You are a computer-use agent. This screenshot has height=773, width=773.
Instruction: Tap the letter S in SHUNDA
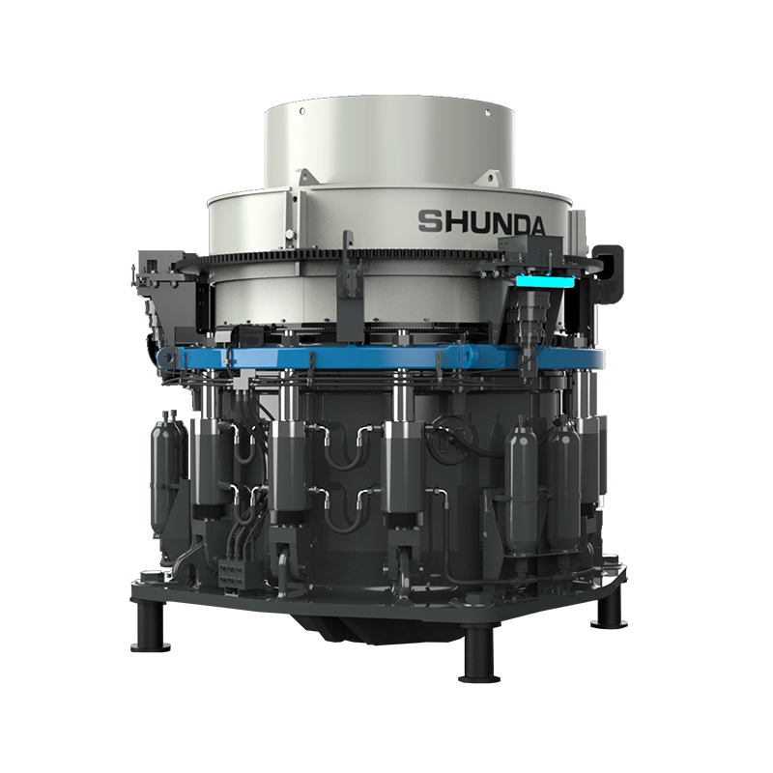(429, 221)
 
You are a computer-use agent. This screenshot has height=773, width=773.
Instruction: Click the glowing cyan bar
(545, 282)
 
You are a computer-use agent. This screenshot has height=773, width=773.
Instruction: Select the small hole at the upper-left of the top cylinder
(301, 111)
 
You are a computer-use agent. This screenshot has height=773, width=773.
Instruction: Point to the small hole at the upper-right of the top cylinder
(488, 112)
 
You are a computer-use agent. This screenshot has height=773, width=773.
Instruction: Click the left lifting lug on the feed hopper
(305, 178)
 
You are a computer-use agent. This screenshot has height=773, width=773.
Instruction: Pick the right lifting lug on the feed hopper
(490, 179)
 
